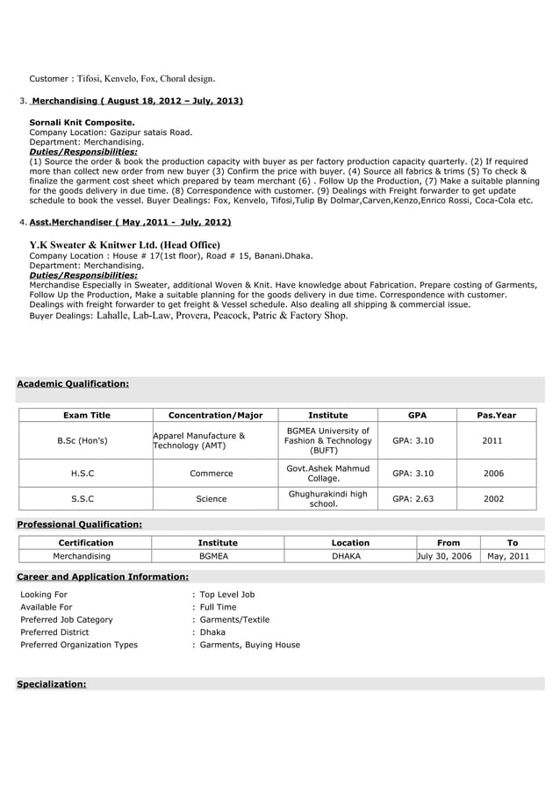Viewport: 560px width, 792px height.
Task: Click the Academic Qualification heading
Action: coord(74,383)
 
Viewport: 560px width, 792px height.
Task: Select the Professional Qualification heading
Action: coord(80,524)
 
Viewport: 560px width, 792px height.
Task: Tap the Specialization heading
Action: coord(52,684)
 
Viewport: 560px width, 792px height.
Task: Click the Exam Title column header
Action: coord(86,415)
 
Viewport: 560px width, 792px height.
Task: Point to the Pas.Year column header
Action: coord(496,415)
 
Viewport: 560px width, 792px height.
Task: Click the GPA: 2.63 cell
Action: coord(413,499)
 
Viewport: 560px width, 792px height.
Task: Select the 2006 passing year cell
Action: coord(492,474)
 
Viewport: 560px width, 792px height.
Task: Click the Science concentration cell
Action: coord(211,499)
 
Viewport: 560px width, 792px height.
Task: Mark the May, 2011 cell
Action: coord(513,556)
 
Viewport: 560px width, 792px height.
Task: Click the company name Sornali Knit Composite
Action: coord(82,122)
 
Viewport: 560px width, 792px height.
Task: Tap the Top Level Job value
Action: coord(226,595)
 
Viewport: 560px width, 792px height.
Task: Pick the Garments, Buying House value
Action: coord(249,645)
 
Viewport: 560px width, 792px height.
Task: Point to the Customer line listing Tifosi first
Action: coord(122,79)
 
